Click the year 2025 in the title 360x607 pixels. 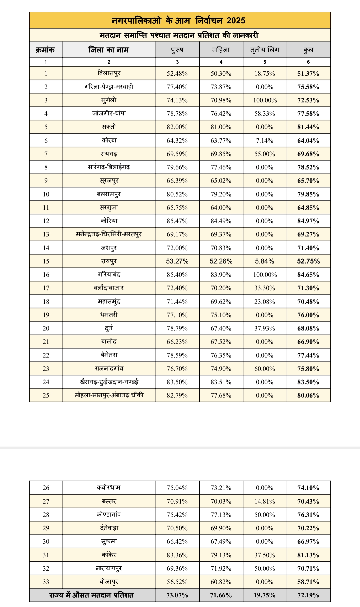(x=236, y=21)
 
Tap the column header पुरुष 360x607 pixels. (x=177, y=50)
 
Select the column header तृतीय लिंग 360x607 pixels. (x=265, y=50)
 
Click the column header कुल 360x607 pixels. (x=308, y=50)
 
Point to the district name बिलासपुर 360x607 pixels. (x=109, y=73)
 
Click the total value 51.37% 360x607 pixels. (x=308, y=74)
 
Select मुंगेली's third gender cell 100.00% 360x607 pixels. (x=265, y=100)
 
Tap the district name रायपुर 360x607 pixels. (x=109, y=261)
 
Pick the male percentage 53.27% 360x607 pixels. (x=177, y=261)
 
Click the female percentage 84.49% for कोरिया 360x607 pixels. (x=221, y=221)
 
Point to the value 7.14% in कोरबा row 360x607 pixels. (x=265, y=141)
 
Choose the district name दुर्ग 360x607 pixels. (x=109, y=328)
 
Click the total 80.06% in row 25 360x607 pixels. (x=308, y=396)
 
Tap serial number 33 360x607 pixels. (x=46, y=582)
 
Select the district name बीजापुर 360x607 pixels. (x=109, y=582)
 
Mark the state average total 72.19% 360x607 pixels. (x=308, y=595)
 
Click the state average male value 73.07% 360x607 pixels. (x=177, y=595)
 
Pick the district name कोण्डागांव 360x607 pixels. (x=109, y=515)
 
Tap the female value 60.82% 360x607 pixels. (x=221, y=582)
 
